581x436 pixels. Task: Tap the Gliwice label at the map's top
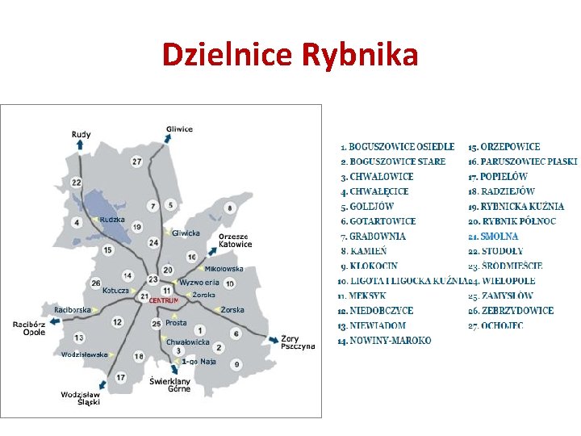point(179,129)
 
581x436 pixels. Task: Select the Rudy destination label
point(81,135)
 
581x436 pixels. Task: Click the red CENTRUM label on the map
point(164,300)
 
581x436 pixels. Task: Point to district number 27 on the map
point(137,161)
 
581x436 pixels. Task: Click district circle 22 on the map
point(76,182)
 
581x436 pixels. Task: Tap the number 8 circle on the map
point(230,208)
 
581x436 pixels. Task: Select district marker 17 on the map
point(120,377)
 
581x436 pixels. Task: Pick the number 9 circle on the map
point(237,365)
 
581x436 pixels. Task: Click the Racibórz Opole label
point(29,328)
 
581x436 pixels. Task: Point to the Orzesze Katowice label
point(235,241)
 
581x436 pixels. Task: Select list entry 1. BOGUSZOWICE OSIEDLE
point(397,147)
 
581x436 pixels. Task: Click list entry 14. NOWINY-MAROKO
point(384,341)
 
